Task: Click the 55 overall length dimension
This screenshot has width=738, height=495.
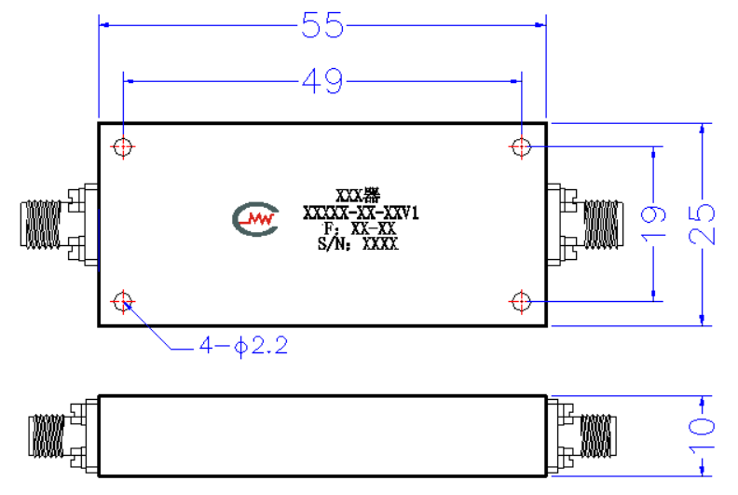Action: pyautogui.click(x=322, y=25)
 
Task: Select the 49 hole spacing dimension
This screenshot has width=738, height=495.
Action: pyautogui.click(x=322, y=81)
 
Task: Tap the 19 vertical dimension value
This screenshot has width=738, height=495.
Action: pyautogui.click(x=653, y=222)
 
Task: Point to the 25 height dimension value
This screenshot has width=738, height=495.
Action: pyautogui.click(x=702, y=224)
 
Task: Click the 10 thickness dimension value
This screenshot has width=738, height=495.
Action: pyautogui.click(x=702, y=434)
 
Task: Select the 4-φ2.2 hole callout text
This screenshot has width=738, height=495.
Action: pyautogui.click(x=243, y=346)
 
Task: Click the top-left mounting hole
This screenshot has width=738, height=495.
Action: pyautogui.click(x=123, y=147)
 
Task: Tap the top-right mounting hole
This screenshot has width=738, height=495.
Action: pyautogui.click(x=521, y=147)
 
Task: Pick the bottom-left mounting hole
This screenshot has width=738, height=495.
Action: pyautogui.click(x=123, y=301)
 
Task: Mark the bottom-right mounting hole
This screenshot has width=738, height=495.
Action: pyautogui.click(x=521, y=301)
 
